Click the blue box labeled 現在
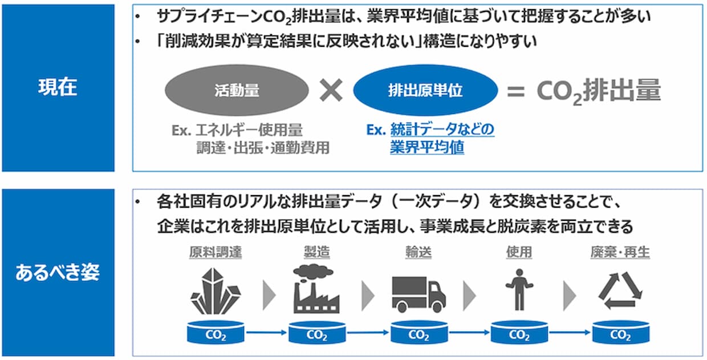point(58,88)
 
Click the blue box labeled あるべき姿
point(58,272)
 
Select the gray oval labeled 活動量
point(237,90)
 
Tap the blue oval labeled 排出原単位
point(425,90)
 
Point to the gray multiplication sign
point(331,90)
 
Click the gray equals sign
point(515,91)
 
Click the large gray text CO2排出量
point(598,91)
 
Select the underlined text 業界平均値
point(427,147)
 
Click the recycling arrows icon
point(620,290)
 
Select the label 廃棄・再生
point(620,252)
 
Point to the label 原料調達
point(216,252)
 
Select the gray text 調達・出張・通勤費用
point(263,148)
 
